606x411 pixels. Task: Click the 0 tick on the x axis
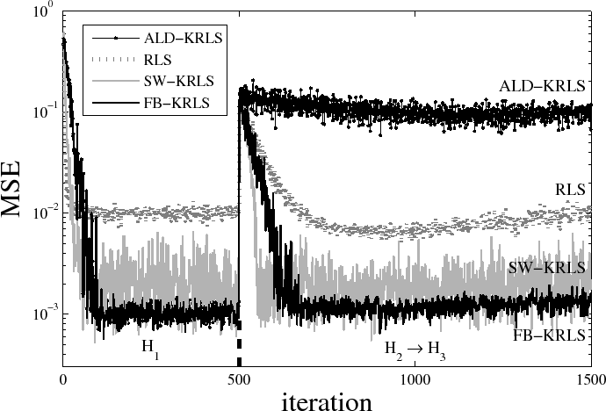coord(63,378)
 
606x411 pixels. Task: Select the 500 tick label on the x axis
coord(239,378)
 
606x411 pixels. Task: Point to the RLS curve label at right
coord(571,187)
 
